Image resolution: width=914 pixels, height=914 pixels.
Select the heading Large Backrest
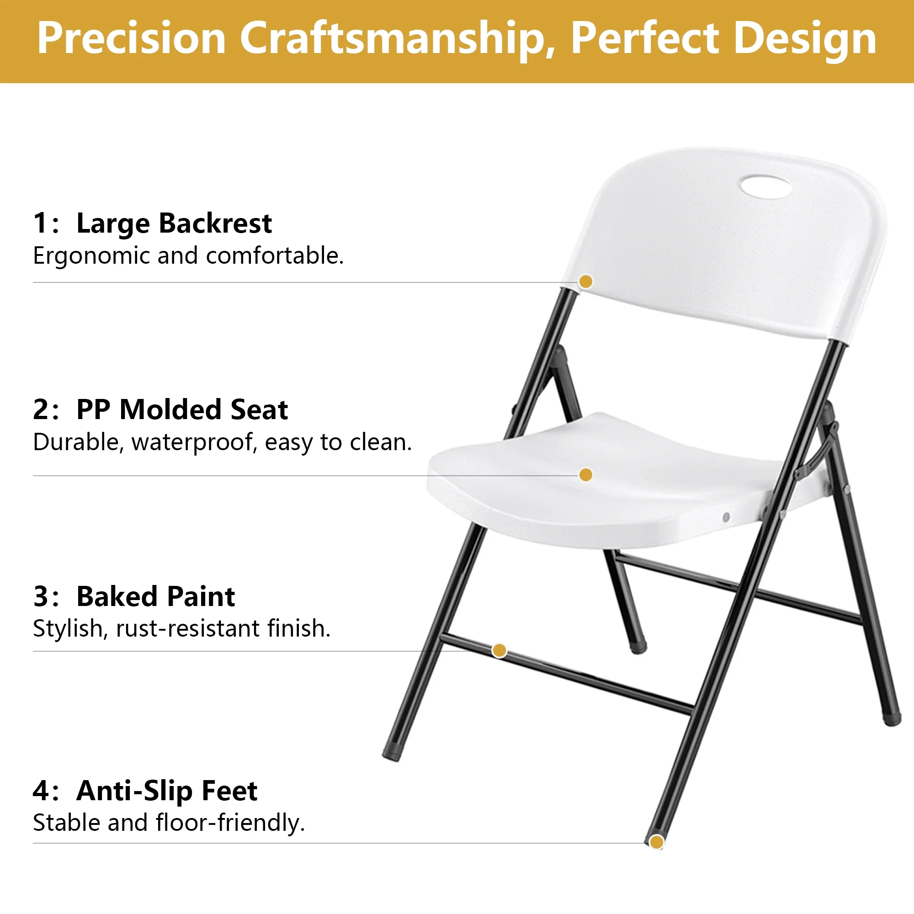point(174,223)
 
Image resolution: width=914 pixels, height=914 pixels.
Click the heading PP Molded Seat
point(182,409)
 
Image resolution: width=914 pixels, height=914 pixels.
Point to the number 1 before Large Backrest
point(41,223)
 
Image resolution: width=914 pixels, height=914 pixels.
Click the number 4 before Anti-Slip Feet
point(41,791)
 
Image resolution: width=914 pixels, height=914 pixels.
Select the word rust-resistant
point(188,629)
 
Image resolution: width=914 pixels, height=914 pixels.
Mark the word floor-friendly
point(230,823)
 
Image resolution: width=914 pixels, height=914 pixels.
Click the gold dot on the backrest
point(586,282)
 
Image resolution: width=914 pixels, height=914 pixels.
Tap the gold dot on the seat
point(586,475)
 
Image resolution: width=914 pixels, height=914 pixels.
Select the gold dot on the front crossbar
point(499,651)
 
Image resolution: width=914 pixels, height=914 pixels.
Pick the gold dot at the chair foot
point(656,843)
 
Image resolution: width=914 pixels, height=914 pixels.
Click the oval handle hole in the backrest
point(765,186)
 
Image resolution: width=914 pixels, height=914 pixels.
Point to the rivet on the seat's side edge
point(727,517)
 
